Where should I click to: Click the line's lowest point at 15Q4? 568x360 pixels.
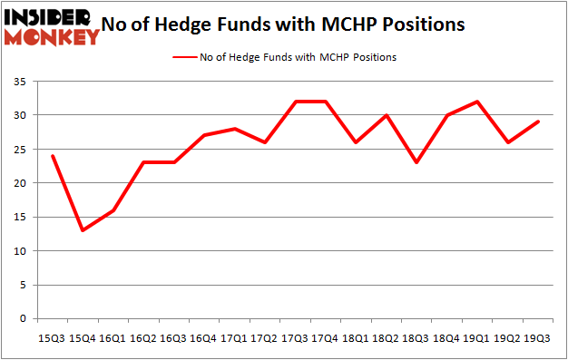coord(83,230)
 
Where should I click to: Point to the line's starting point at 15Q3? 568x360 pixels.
coord(53,156)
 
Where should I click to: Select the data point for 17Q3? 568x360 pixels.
coord(295,102)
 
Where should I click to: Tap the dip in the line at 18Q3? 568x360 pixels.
coord(416,162)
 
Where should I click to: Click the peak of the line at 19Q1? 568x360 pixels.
coord(477,102)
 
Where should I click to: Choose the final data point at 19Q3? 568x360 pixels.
coord(538,122)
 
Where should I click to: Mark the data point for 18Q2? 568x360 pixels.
coord(387,115)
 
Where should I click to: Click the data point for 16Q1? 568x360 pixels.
coord(113,210)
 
